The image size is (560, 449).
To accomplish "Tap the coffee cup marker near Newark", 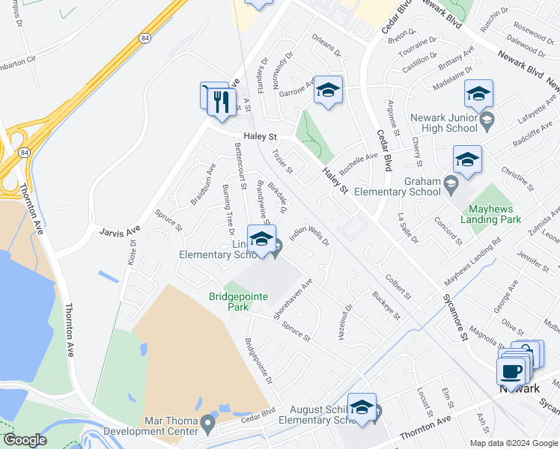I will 511,370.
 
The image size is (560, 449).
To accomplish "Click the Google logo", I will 25,440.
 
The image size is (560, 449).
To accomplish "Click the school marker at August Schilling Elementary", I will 362,408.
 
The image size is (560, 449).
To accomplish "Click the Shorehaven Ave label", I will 293,300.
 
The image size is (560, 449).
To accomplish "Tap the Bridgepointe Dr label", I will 259,360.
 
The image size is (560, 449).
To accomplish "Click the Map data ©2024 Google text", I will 514,443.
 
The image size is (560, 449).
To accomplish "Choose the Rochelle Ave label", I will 359,162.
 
